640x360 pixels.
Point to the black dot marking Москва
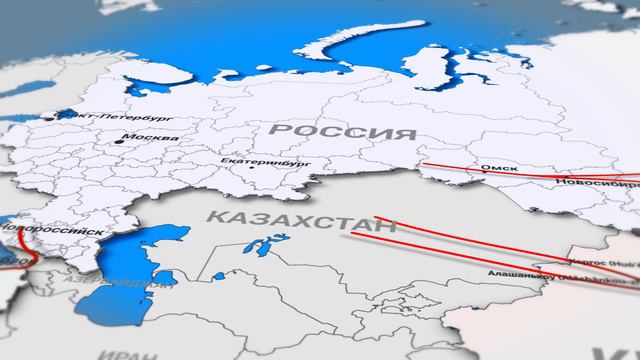[x=119, y=141]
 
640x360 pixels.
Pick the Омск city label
[x=500, y=168]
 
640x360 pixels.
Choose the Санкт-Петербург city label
[x=96, y=117]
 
